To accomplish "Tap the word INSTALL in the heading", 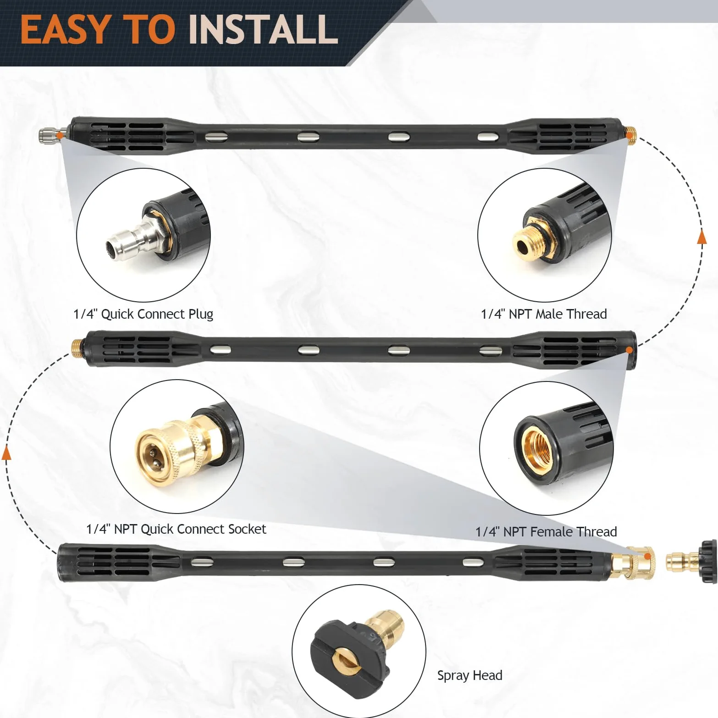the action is point(263,30).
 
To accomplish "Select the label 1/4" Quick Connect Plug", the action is point(144,314).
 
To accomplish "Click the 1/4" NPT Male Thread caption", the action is point(544,314).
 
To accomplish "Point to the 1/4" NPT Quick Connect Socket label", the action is point(176,529).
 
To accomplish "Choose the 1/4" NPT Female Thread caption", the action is point(546,532).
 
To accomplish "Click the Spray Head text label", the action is point(469,675).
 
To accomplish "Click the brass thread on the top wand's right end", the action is point(630,136).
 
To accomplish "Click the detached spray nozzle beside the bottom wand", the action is point(691,561).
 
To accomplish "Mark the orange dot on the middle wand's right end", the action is point(630,350).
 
